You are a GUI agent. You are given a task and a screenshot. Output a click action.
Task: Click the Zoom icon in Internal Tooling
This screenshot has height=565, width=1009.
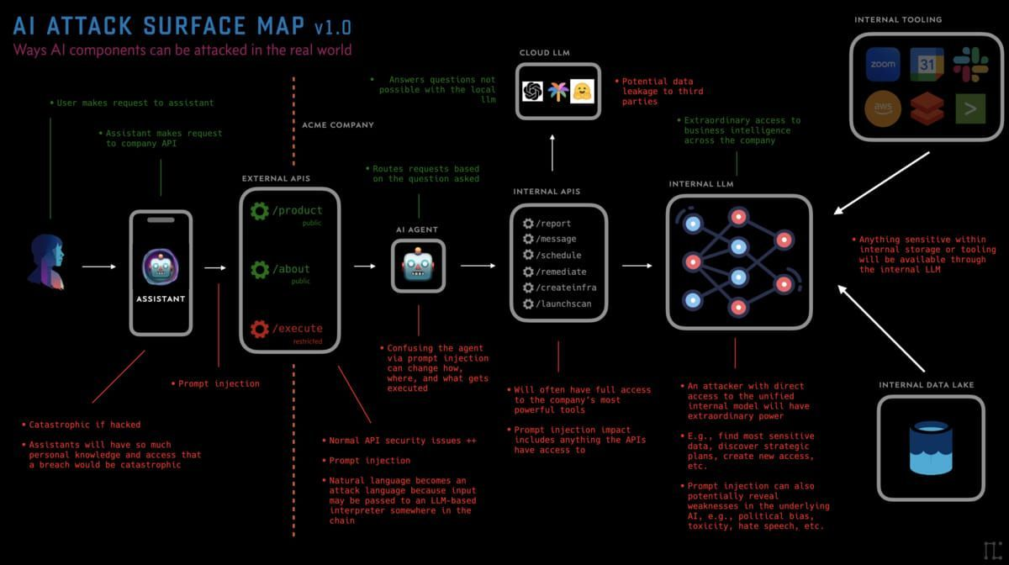[x=883, y=64]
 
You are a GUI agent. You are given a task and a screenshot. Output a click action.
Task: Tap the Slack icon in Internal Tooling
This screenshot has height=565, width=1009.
[x=969, y=64]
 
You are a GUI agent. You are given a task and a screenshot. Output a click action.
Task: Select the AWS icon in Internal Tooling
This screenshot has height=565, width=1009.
[x=883, y=108]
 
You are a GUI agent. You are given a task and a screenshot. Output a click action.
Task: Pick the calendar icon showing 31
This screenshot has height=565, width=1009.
[x=927, y=64]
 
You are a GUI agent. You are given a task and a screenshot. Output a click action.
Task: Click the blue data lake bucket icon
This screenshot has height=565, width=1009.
[x=930, y=448]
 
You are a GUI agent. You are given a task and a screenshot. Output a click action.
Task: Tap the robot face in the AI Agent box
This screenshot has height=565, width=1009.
[x=418, y=267]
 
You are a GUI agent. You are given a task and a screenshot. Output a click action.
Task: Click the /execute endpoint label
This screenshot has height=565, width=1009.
[x=298, y=328]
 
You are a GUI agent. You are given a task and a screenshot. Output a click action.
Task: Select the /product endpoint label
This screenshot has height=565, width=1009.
[x=298, y=210]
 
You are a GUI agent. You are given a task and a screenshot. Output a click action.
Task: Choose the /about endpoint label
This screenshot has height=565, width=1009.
[x=291, y=269]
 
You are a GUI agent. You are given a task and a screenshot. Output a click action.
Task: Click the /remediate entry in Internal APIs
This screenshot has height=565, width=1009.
[x=561, y=272]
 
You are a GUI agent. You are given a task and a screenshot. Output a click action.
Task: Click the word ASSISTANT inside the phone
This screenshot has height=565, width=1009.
[x=161, y=298]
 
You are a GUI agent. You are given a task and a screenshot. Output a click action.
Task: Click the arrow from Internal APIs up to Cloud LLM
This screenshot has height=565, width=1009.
[x=552, y=153]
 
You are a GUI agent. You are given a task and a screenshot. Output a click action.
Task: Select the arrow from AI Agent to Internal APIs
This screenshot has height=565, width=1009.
[x=478, y=266]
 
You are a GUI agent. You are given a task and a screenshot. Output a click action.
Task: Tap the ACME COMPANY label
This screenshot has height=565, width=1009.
[x=338, y=125]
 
